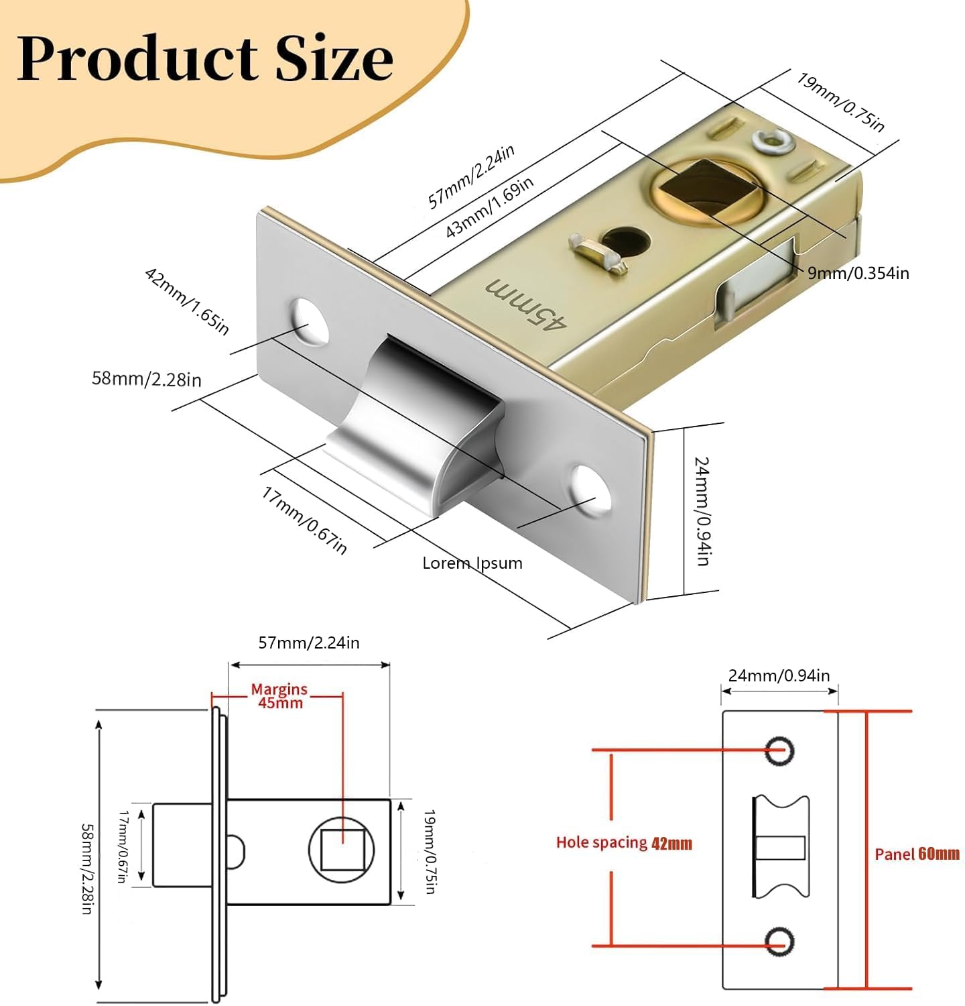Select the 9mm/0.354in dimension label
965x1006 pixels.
[858, 273]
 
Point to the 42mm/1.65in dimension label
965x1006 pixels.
[187, 301]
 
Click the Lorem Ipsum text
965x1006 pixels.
[472, 563]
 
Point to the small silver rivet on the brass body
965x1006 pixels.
[771, 142]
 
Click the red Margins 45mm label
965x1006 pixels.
[279, 696]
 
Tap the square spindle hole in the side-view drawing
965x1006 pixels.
[342, 849]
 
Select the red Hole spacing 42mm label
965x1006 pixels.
[624, 843]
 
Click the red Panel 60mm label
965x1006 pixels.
[917, 854]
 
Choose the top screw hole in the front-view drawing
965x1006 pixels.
[779, 750]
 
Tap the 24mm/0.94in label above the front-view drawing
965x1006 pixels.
[779, 675]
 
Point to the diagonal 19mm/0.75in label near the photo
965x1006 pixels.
[840, 102]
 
